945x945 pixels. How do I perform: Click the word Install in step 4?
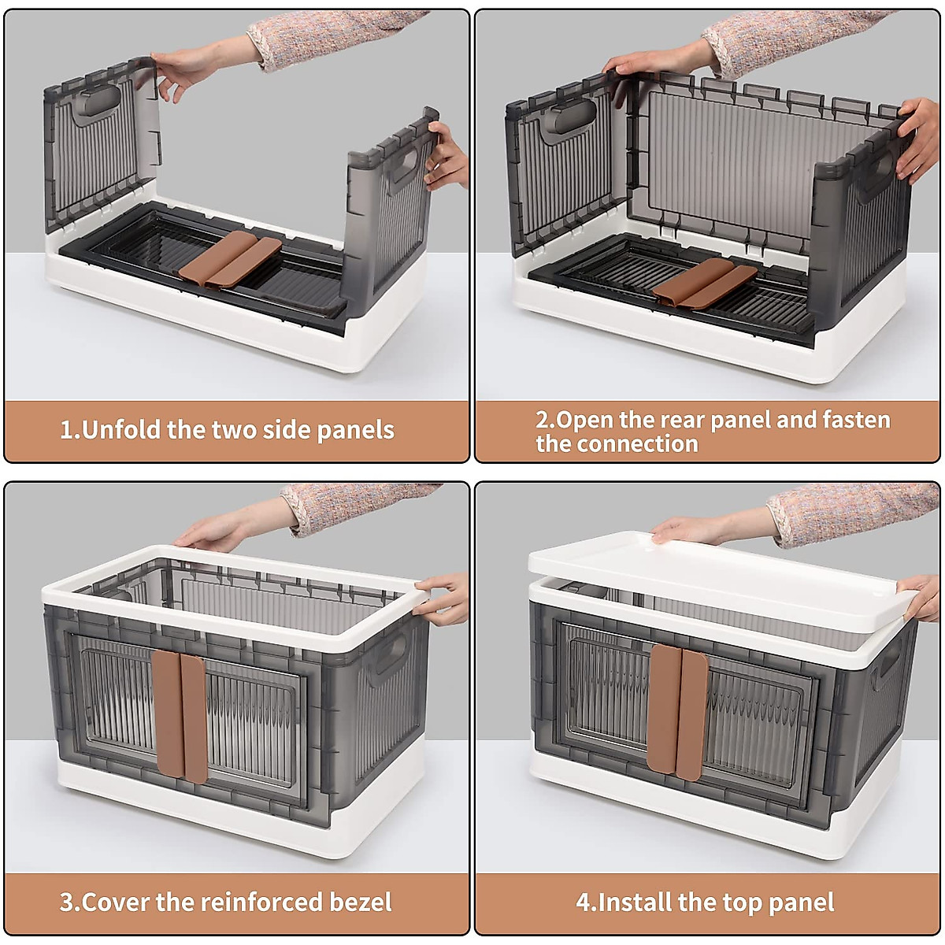click(x=631, y=902)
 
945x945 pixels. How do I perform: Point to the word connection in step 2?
click(x=647, y=444)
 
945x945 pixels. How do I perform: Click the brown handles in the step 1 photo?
click(x=229, y=259)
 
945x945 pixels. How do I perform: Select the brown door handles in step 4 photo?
click(x=677, y=712)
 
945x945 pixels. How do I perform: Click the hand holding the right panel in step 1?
click(x=445, y=156)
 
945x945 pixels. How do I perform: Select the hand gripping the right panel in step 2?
click(x=918, y=139)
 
